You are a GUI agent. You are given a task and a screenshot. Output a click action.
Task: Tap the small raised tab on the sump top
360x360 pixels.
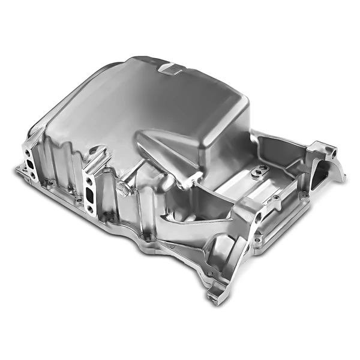point(171,68)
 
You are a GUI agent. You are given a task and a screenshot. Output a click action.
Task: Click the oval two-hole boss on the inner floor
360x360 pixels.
point(258,171)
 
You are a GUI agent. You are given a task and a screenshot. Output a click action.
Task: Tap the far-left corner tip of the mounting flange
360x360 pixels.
point(17,169)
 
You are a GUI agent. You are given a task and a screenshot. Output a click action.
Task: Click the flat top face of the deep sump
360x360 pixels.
point(162,96)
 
